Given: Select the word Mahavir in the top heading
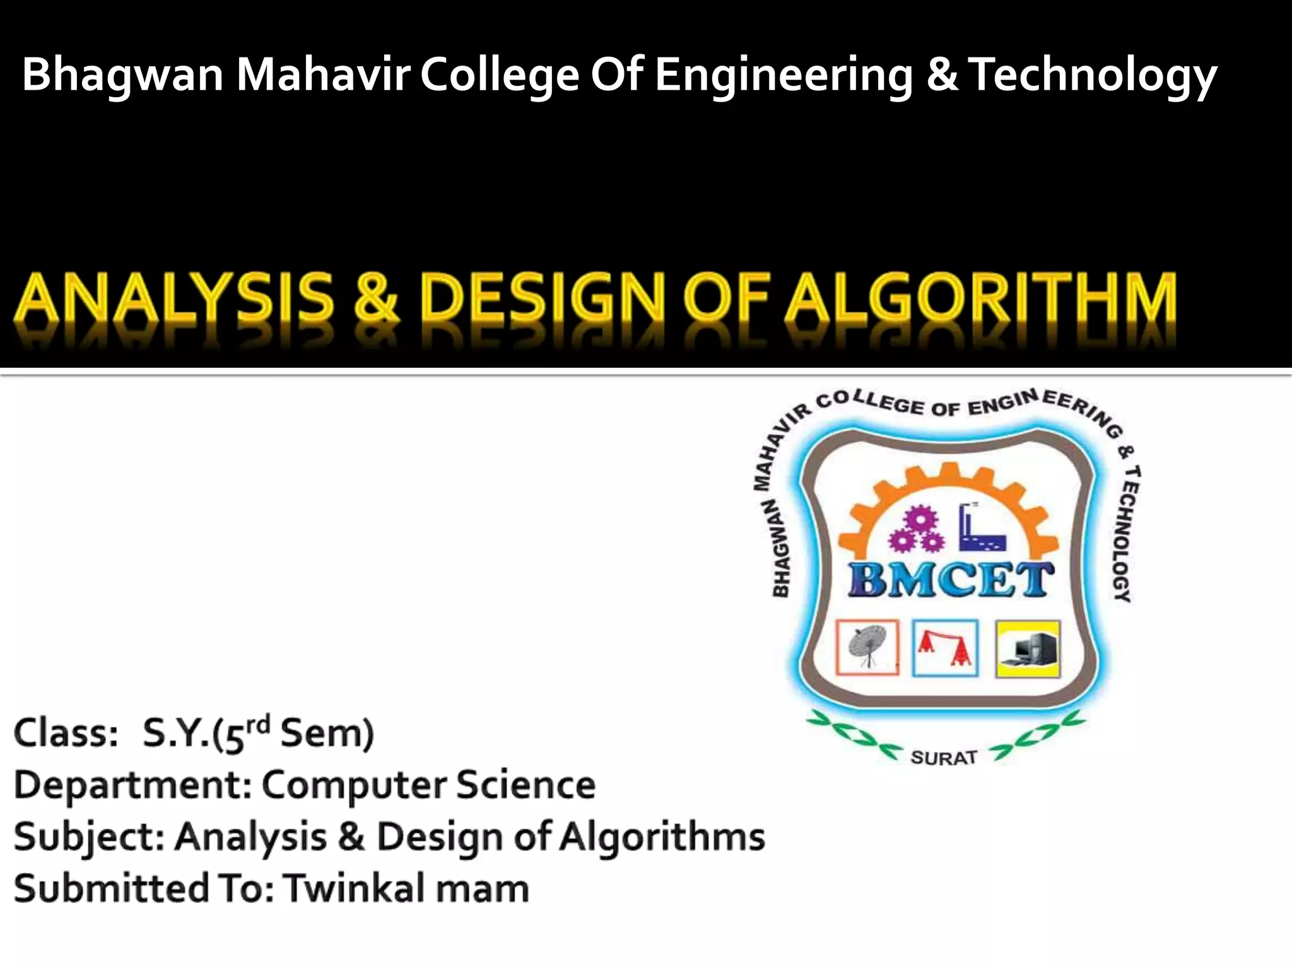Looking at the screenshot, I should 323,74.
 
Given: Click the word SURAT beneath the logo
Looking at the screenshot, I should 944,757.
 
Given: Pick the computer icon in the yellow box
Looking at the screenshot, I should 1028,649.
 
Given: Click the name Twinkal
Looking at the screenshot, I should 353,888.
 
